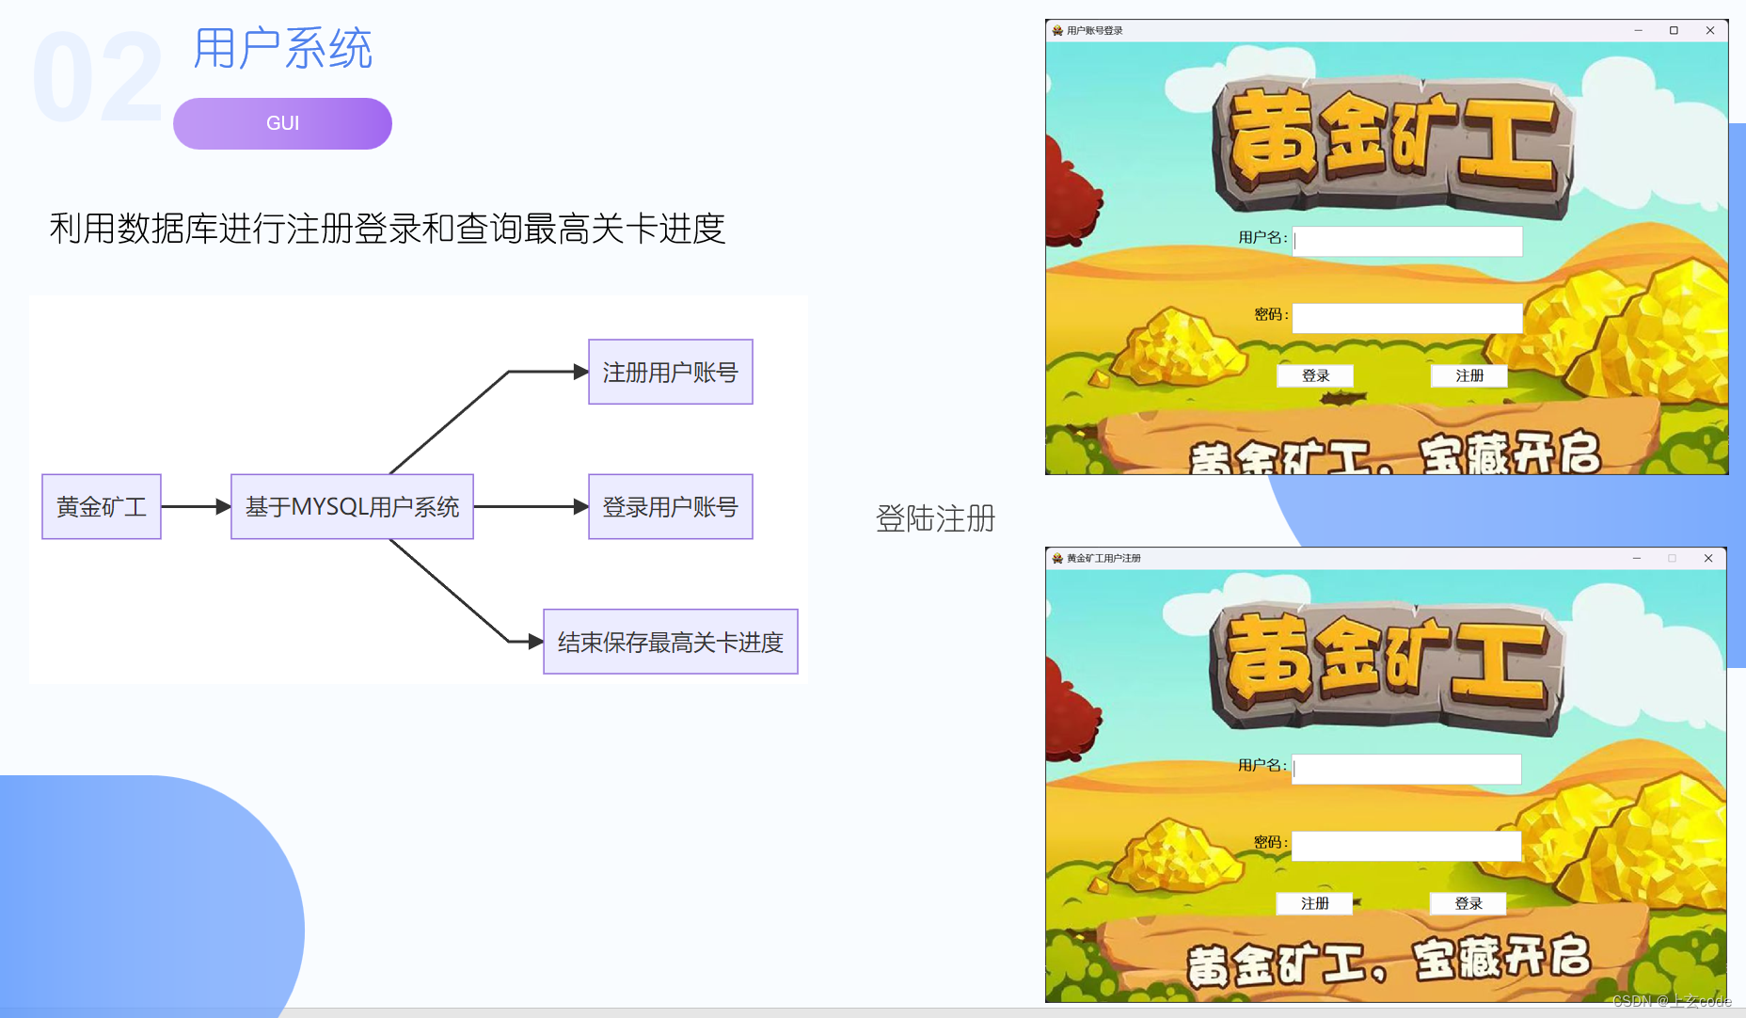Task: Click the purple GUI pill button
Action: [282, 123]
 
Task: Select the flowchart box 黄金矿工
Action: [102, 507]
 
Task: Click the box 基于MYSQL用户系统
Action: [352, 507]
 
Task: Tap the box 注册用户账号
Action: [670, 373]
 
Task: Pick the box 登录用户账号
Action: [670, 507]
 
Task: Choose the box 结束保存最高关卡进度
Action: [670, 642]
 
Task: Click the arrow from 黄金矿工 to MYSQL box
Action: [196, 507]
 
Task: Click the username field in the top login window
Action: [1407, 241]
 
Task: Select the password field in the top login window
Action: [1407, 318]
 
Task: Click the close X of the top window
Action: [1710, 31]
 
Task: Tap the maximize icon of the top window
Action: [1674, 31]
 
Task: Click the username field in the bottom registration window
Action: [1407, 769]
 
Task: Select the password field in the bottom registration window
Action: [1407, 846]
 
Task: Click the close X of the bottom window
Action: [1708, 559]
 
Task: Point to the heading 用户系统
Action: [282, 49]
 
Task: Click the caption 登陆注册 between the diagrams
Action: [935, 518]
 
